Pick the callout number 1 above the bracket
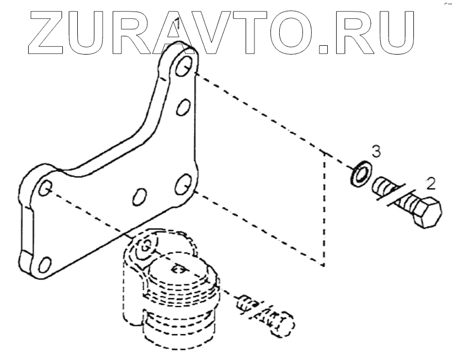click(x=177, y=25)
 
